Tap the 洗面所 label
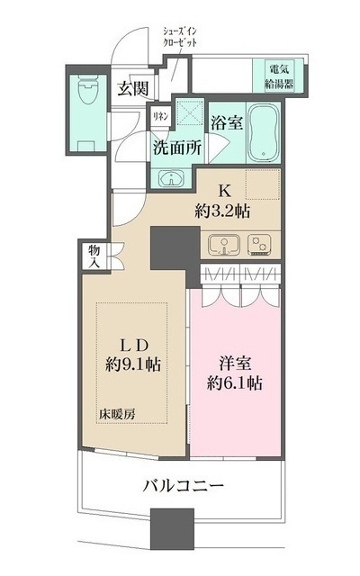[177, 148]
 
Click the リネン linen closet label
[159, 115]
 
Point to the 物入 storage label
[95, 255]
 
